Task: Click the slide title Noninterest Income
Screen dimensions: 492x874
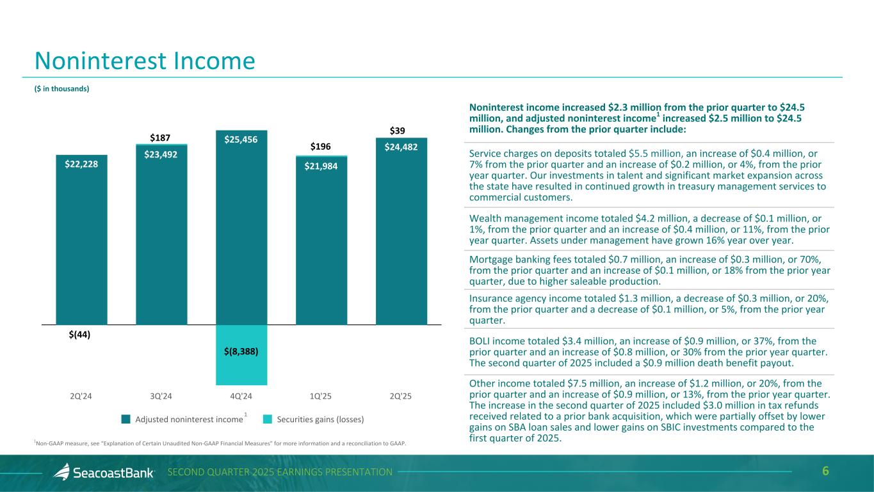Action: [145, 61]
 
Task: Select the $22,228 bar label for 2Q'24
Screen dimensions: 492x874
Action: [81, 164]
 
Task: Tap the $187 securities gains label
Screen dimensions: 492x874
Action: [161, 138]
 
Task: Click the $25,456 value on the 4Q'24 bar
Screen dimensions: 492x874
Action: [241, 139]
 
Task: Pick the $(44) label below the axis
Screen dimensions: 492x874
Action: [79, 335]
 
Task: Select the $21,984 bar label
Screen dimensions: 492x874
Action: [321, 166]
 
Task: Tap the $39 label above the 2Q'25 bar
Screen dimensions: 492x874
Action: [397, 131]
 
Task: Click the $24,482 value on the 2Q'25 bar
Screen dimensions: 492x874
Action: [401, 147]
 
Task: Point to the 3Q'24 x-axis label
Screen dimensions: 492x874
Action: [161, 395]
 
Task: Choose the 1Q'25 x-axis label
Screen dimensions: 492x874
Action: [320, 395]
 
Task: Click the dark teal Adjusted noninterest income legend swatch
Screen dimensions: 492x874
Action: [125, 420]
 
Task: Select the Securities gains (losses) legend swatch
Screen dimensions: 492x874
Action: [267, 420]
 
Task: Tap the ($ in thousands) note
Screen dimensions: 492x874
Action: [61, 89]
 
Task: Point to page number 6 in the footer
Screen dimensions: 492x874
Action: [825, 472]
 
